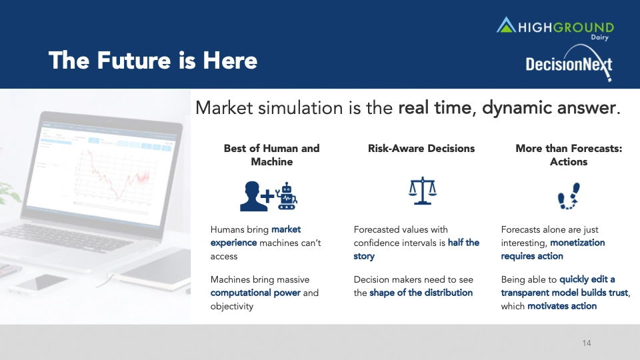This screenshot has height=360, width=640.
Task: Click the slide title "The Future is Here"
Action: [x=153, y=61]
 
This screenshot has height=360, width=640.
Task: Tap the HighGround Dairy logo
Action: [x=555, y=28]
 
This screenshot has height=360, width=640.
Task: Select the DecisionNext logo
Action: [x=569, y=63]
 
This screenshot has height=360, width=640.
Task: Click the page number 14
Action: [x=587, y=343]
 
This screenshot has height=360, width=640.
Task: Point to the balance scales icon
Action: [x=423, y=191]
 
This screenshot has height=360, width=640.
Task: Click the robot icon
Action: [x=287, y=196]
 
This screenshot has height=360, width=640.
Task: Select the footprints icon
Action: [x=569, y=196]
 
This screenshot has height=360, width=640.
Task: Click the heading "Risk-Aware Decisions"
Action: [x=421, y=148]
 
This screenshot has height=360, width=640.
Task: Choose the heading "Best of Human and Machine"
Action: [x=272, y=155]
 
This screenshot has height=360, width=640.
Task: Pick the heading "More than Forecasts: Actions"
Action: [x=569, y=155]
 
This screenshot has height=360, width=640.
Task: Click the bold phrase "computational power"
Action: [x=255, y=293]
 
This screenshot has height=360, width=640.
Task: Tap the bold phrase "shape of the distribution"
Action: [x=421, y=293]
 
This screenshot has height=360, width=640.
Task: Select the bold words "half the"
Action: [x=464, y=243]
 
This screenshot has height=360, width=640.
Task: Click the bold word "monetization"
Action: [x=577, y=243]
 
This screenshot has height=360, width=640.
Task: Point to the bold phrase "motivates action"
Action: [x=562, y=306]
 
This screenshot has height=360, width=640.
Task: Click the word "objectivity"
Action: [x=232, y=307]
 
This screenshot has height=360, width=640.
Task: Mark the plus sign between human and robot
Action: [x=268, y=196]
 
